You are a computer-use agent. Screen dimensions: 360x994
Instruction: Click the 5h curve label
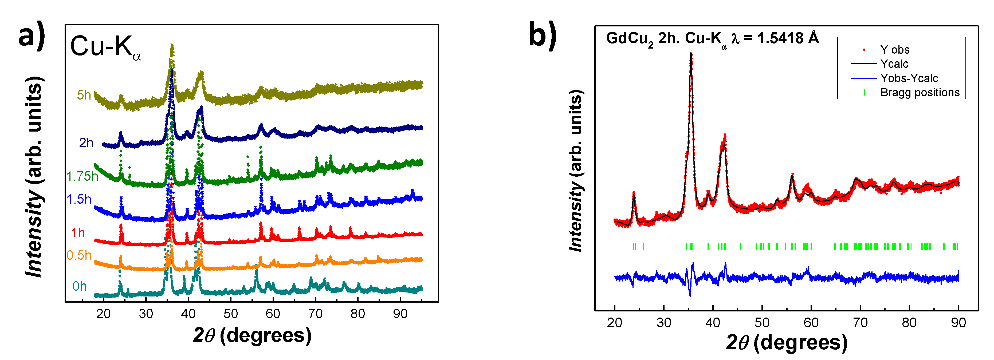84,95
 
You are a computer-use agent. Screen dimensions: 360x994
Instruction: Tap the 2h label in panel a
86,143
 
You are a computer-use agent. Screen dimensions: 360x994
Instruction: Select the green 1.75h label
82,176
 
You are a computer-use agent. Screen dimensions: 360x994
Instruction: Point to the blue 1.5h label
79,199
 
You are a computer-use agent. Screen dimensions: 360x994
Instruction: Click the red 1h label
78,233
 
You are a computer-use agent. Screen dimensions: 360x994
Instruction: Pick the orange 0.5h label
79,255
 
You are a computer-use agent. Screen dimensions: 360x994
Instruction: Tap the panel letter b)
542,35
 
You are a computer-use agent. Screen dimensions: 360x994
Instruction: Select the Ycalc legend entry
894,64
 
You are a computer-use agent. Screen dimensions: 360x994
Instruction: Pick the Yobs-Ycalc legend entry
909,78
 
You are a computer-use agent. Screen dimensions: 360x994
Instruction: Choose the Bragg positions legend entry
920,93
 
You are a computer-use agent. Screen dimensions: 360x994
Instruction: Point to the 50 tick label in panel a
230,314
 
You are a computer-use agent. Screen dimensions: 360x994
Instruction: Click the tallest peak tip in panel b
691,54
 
